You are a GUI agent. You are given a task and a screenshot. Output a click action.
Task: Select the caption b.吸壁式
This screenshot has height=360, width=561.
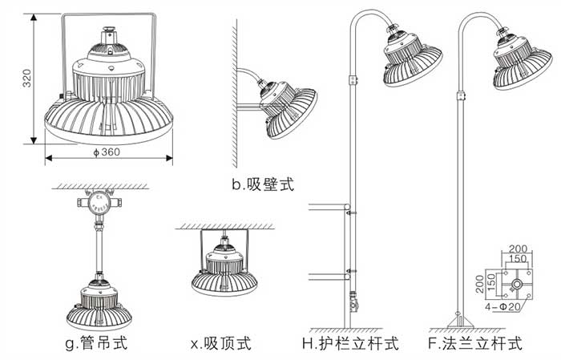[263, 185]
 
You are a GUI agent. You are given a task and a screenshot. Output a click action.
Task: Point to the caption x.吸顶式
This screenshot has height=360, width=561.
[220, 344]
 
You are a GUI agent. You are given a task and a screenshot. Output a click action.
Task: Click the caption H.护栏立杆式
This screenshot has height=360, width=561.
[350, 344]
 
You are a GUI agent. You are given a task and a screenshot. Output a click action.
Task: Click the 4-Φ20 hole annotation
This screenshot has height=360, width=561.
[506, 305]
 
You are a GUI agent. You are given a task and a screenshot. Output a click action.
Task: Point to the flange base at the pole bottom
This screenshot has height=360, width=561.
[459, 322]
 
